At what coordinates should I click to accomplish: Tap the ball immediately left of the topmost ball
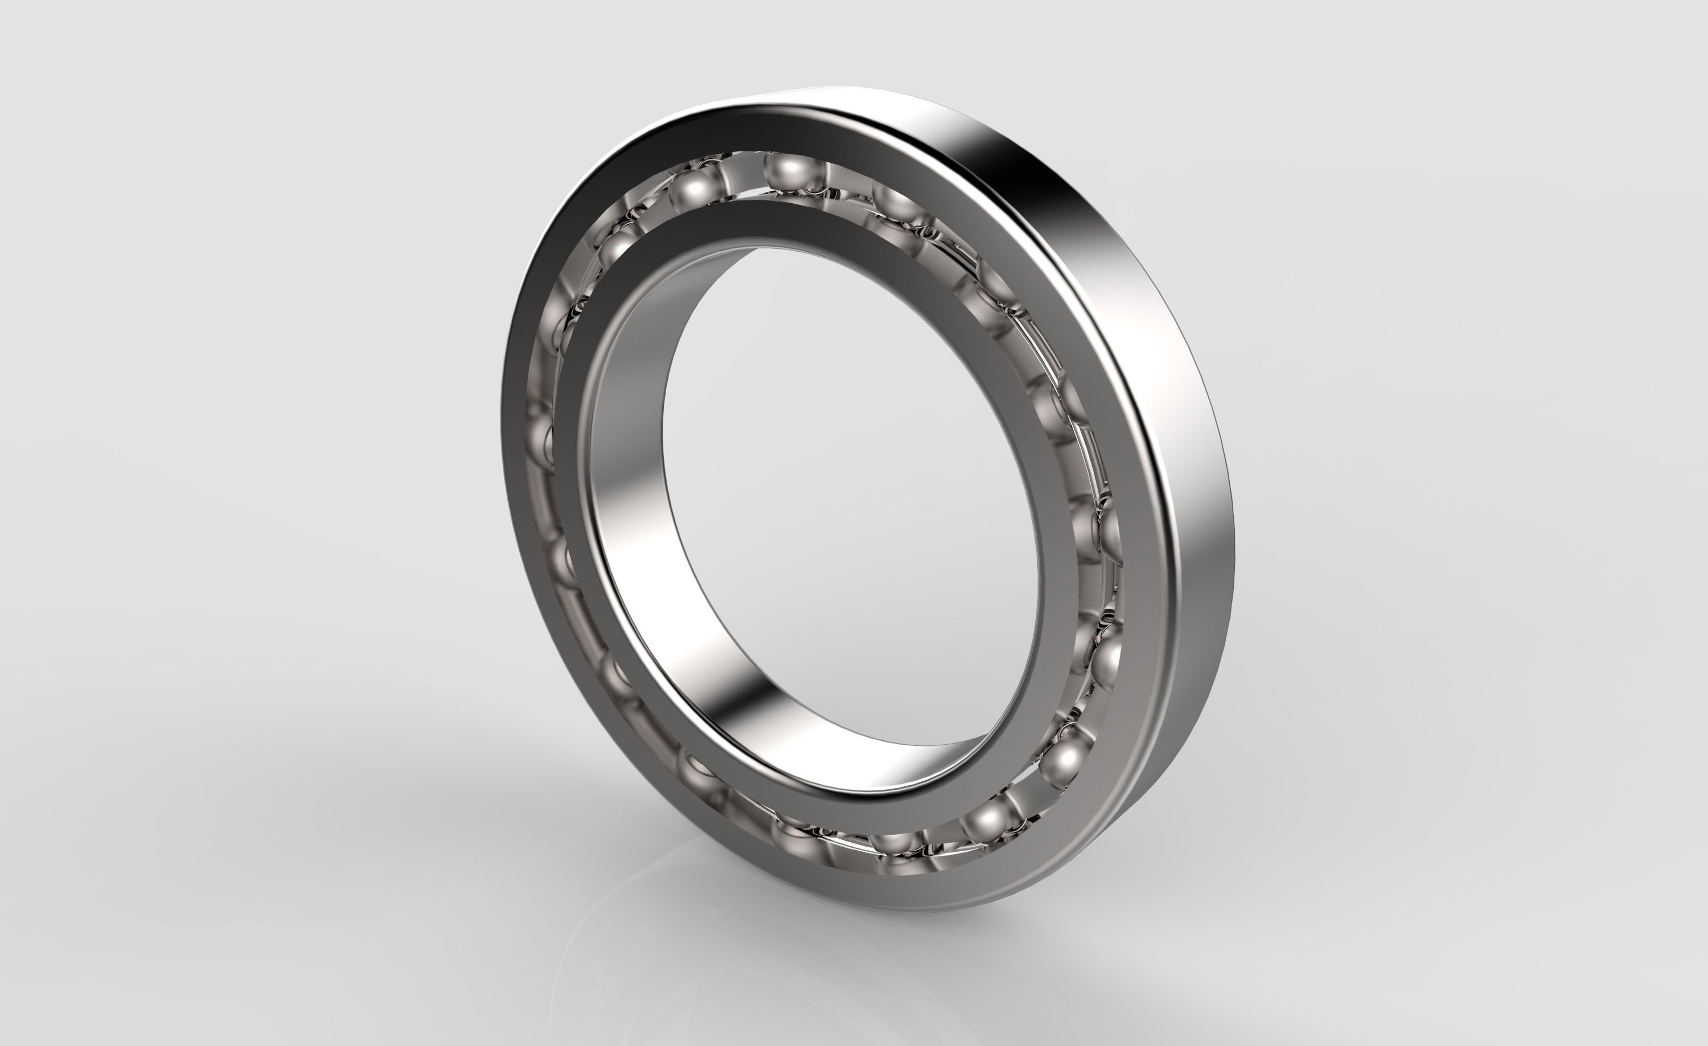pos(694,188)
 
